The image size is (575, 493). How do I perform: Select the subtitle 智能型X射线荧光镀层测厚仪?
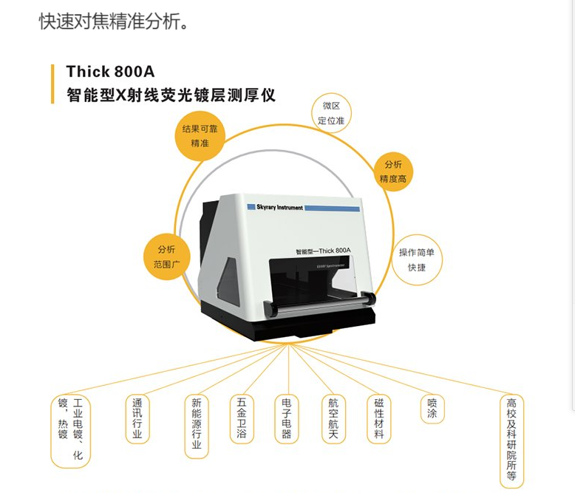(x=171, y=95)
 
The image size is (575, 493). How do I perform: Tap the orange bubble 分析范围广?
(x=161, y=256)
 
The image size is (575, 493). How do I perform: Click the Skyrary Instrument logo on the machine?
(x=274, y=208)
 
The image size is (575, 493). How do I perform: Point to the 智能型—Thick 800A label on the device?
(x=323, y=251)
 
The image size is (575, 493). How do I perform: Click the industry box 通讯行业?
(x=137, y=419)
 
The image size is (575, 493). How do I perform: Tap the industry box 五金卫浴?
(x=241, y=419)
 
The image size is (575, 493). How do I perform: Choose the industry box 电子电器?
(x=287, y=419)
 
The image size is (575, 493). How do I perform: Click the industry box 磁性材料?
(x=378, y=419)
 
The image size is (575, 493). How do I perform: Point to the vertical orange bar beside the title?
(x=52, y=84)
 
